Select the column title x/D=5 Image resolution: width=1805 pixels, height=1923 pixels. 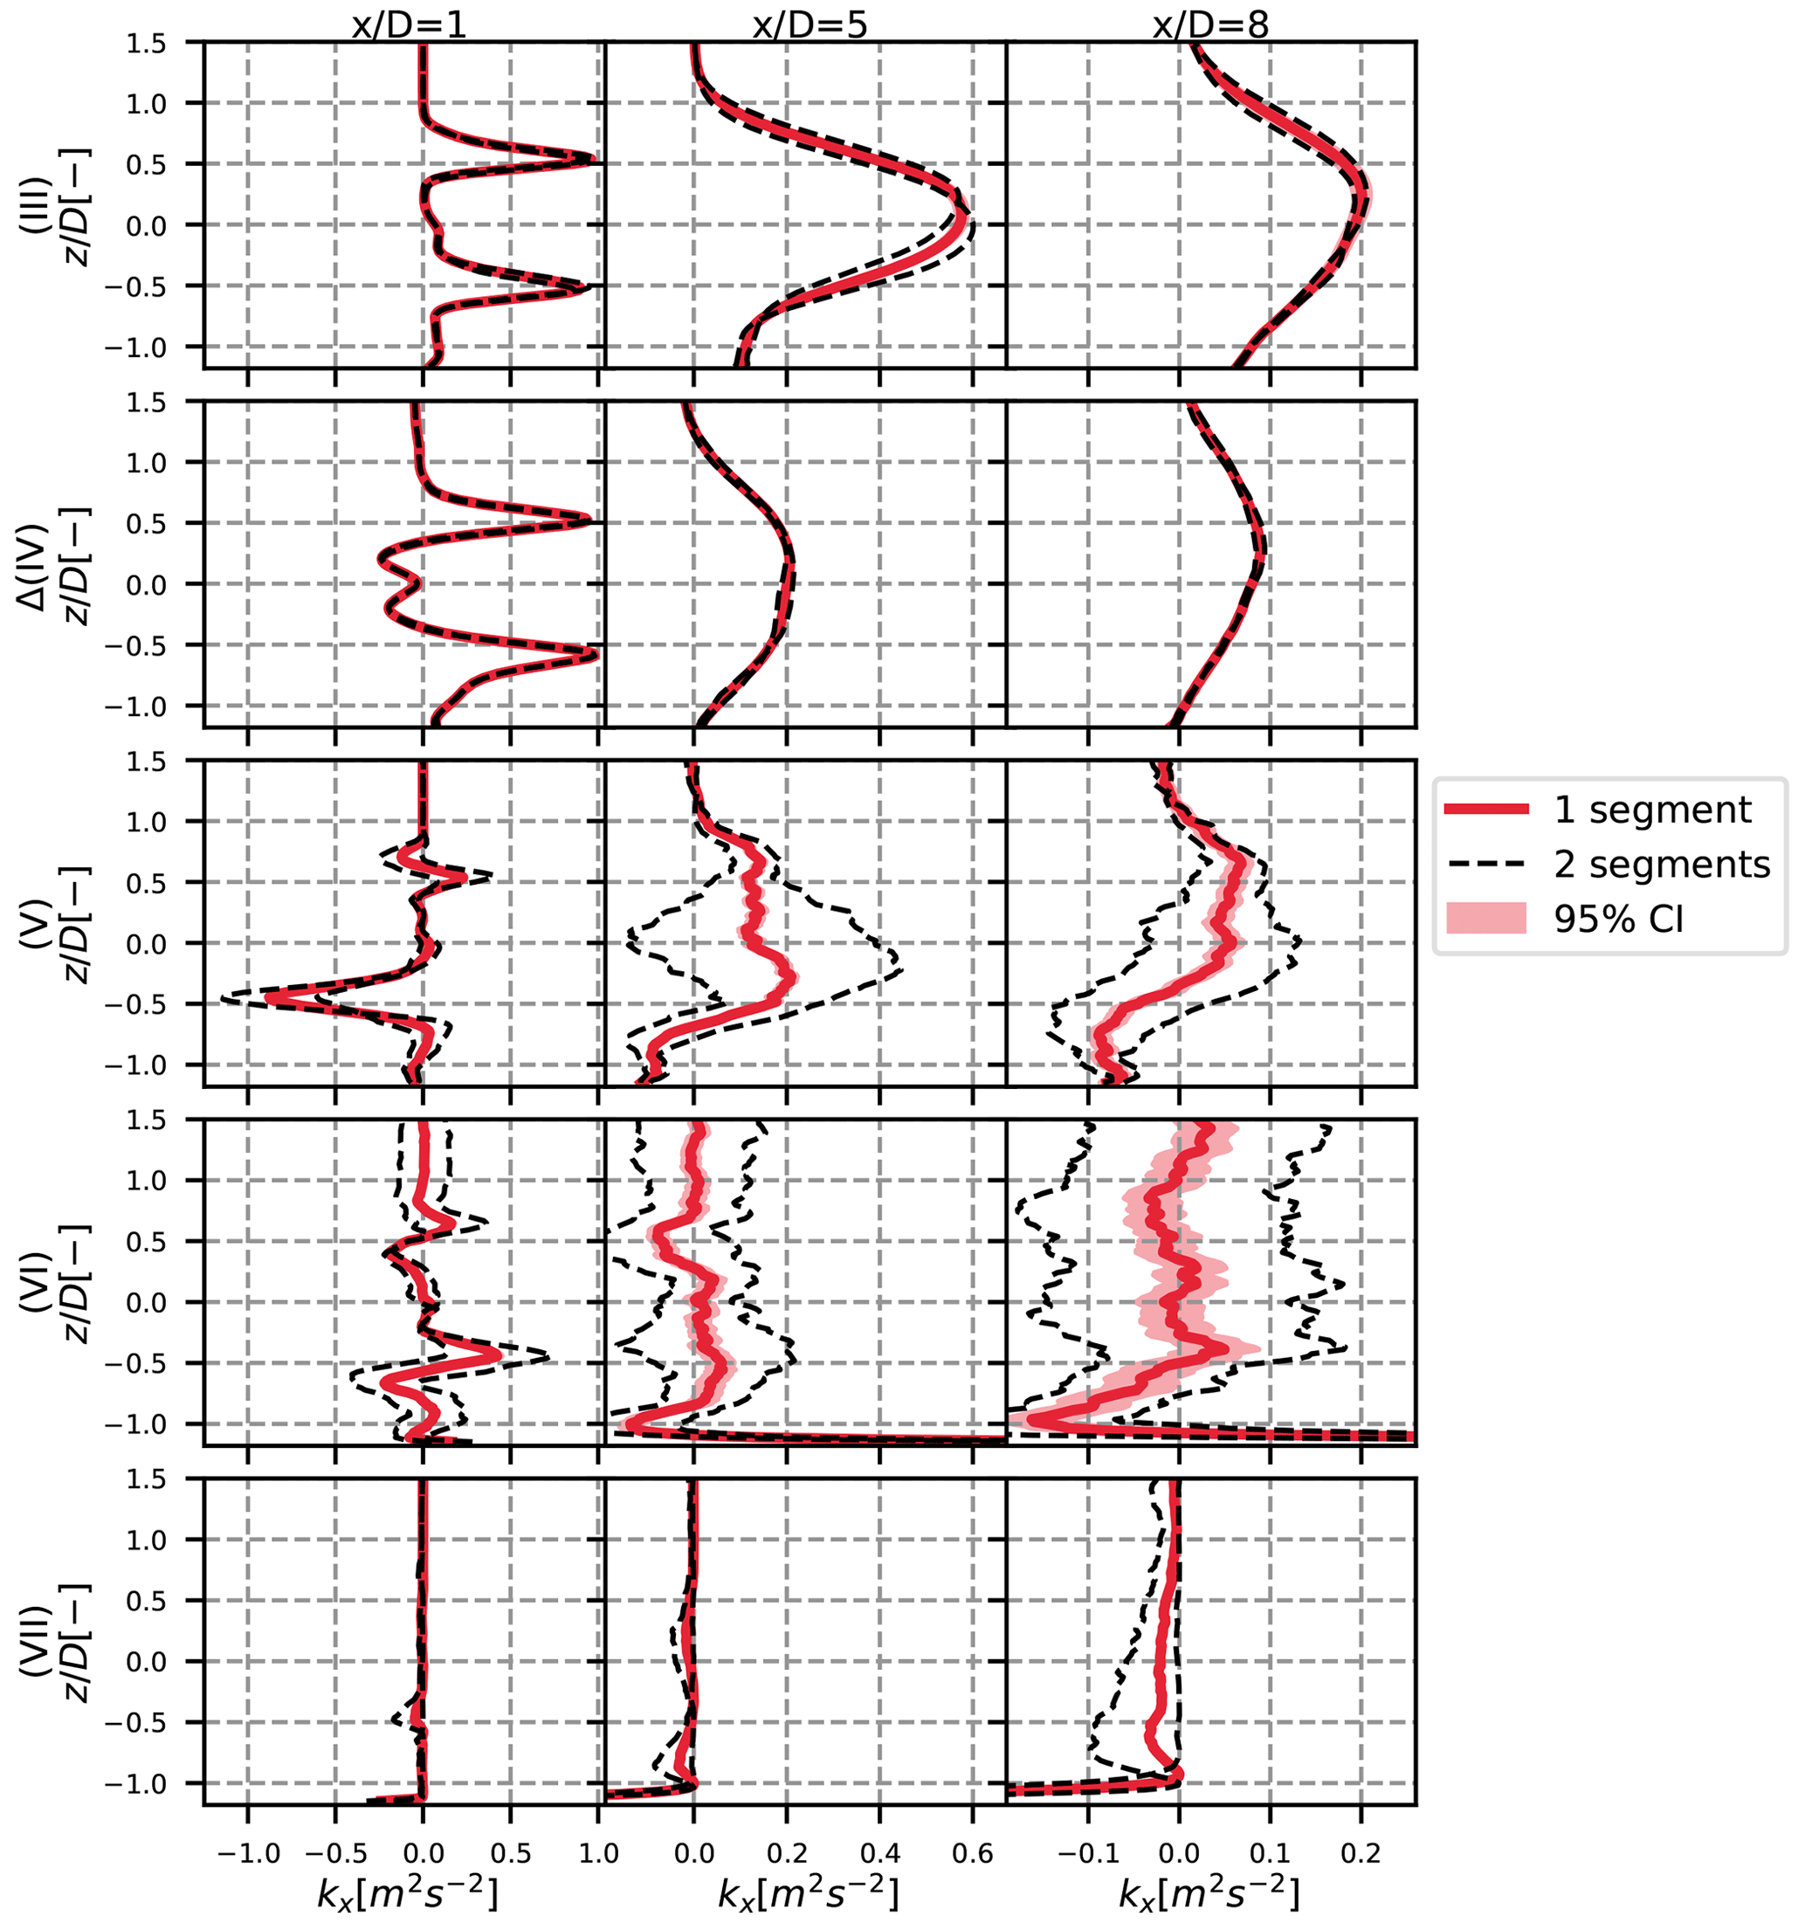pyautogui.click(x=809, y=24)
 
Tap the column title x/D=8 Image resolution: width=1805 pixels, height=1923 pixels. pyautogui.click(x=1210, y=24)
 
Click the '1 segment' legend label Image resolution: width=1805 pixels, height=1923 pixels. pyautogui.click(x=1652, y=810)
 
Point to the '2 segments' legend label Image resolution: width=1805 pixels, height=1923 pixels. pyautogui.click(x=1662, y=864)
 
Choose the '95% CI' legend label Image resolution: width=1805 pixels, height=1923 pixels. pyautogui.click(x=1619, y=919)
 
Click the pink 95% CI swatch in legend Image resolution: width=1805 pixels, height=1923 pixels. pyautogui.click(x=1487, y=919)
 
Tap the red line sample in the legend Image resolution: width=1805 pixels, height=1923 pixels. pyautogui.click(x=1487, y=810)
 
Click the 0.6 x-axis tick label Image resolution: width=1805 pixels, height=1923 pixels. pyautogui.click(x=972, y=1852)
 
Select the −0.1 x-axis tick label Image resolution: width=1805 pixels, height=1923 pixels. pyautogui.click(x=1088, y=1852)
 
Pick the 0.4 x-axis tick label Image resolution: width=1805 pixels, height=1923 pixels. pyautogui.click(x=879, y=1852)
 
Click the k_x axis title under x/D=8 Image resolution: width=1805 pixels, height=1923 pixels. pyautogui.click(x=1209, y=1895)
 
